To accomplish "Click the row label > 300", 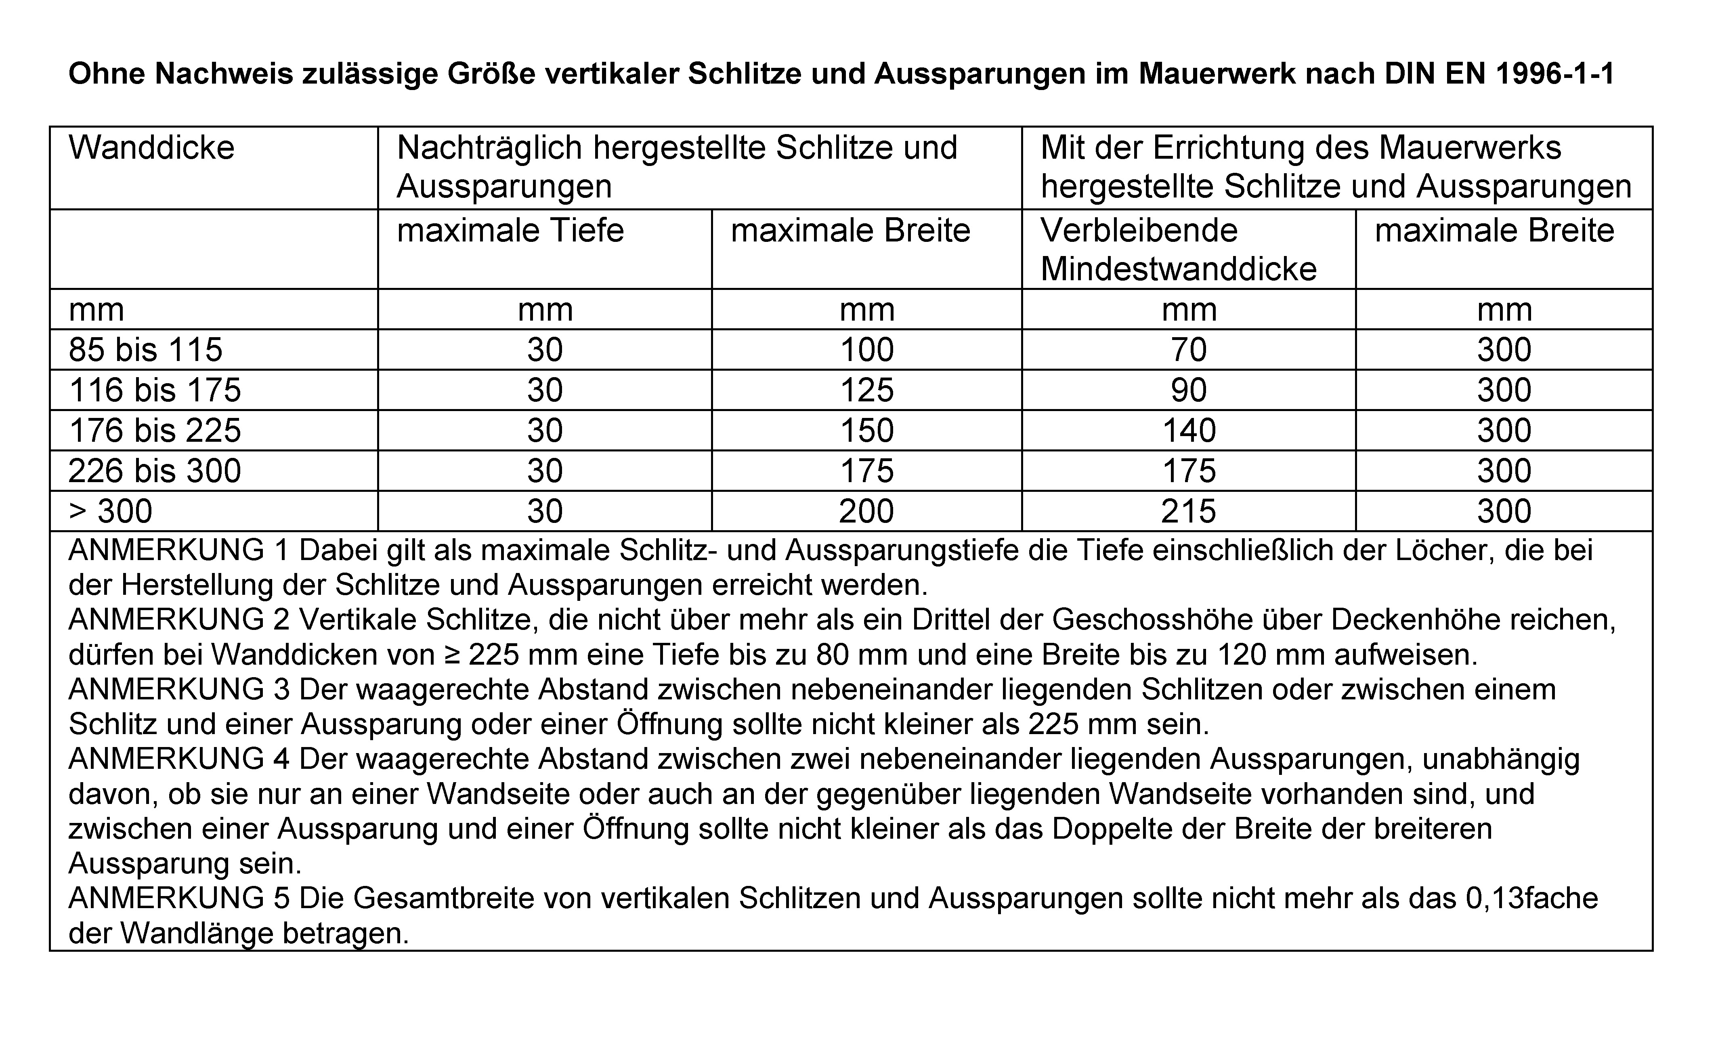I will pyautogui.click(x=110, y=512).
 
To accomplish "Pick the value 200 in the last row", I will pyautogui.click(x=866, y=512).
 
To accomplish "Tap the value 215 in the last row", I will pyautogui.click(x=1189, y=512).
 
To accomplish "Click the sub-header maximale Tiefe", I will pyautogui.click(x=510, y=231).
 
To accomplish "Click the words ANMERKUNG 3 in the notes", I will pyautogui.click(x=178, y=690).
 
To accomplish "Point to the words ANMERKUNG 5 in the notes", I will pyautogui.click(x=178, y=899).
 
